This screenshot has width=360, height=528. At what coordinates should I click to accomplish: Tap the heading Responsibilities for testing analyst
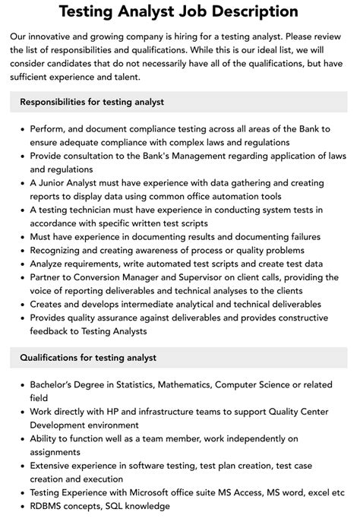93,101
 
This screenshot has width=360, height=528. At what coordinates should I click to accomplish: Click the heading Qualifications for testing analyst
88,357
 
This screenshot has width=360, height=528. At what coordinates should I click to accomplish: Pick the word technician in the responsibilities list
101,209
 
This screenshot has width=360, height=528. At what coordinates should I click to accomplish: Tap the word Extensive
52,466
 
